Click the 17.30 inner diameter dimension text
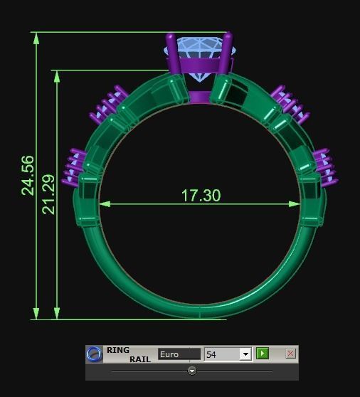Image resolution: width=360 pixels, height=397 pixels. (201, 195)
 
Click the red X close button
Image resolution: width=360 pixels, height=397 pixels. (290, 354)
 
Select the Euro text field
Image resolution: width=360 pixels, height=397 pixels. (179, 354)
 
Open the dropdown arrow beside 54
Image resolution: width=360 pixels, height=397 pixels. (245, 354)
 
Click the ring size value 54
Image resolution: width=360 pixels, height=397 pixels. (222, 354)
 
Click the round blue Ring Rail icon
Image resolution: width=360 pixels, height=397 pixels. (94, 354)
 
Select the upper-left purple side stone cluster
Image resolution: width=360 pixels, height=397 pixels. (108, 105)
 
